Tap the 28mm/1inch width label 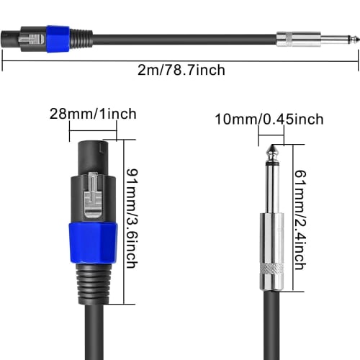coord(94,114)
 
